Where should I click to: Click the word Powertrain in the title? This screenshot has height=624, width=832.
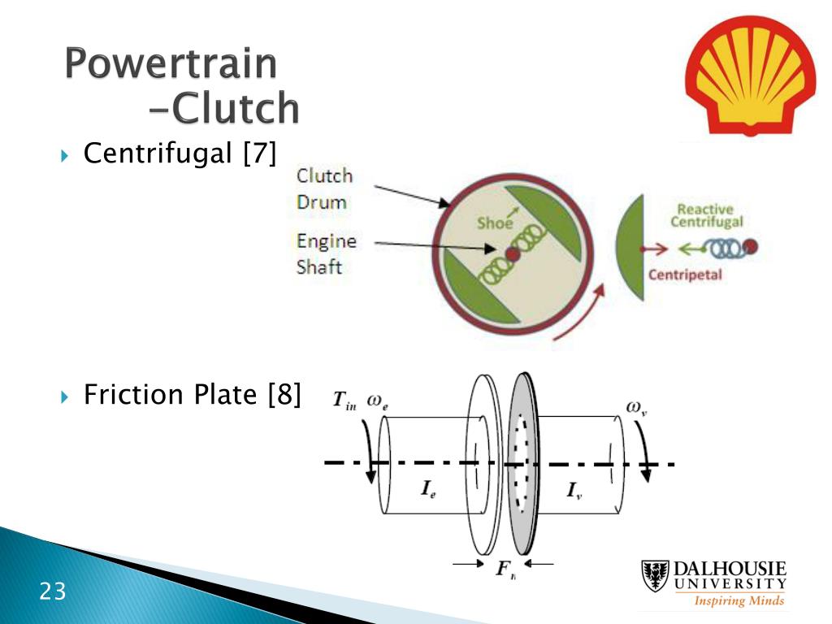[171, 65]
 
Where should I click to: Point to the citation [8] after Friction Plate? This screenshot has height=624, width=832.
[284, 395]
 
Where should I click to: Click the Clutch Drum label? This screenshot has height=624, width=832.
[324, 188]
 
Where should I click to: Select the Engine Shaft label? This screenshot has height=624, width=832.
[326, 253]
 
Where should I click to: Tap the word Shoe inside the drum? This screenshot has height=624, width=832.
[494, 223]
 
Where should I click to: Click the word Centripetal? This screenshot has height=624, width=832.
[684, 275]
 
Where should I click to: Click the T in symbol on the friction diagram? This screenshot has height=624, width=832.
[344, 401]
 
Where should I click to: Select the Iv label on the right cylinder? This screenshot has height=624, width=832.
[574, 492]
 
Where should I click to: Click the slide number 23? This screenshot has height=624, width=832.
[53, 591]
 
